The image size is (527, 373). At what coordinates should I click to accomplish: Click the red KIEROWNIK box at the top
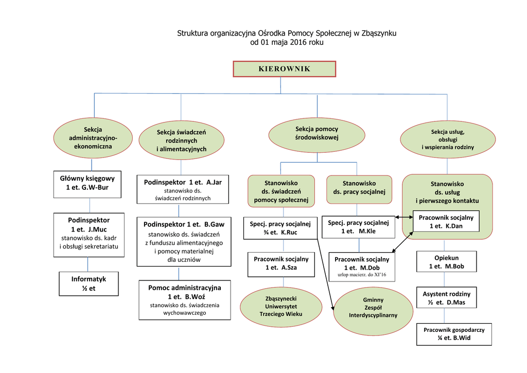[x=284, y=69]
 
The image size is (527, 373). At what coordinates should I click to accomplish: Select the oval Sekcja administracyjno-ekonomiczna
[x=93, y=138]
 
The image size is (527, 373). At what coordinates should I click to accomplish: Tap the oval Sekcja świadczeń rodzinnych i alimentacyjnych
[x=181, y=140]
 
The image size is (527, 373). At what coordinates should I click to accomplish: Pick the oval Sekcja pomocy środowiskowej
[x=317, y=134]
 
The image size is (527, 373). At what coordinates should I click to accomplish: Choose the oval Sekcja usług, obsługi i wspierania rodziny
[x=447, y=139]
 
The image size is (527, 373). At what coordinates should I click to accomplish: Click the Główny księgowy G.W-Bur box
[x=87, y=184]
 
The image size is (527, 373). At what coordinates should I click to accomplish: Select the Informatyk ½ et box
[x=89, y=284]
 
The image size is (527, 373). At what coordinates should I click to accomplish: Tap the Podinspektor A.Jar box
[x=183, y=190]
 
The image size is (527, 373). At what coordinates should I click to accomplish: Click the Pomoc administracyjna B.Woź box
[x=184, y=300]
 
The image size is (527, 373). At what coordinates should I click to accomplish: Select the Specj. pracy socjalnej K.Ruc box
[x=280, y=228]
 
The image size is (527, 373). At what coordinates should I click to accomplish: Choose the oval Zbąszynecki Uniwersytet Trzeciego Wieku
[x=280, y=306]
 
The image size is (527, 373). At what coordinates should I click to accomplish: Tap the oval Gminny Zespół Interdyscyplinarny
[x=373, y=307]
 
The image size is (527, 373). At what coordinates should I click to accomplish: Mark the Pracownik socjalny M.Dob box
[x=362, y=267]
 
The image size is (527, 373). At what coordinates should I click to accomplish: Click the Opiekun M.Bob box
[x=447, y=262]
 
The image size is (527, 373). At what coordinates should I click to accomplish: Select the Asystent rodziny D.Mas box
[x=446, y=298]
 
